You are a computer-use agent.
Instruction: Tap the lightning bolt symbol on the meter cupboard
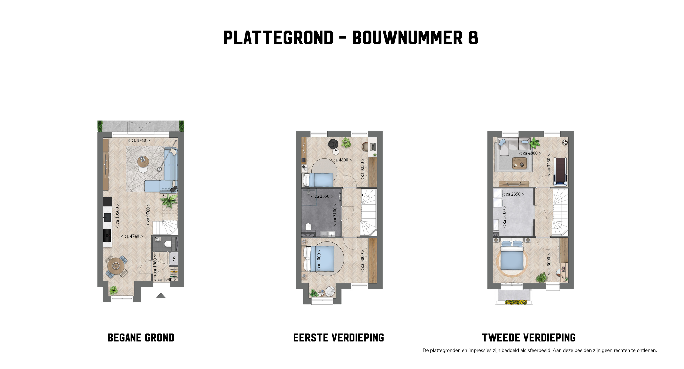[174, 258]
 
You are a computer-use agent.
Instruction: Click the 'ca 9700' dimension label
[148, 215]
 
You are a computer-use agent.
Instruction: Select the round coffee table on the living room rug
[143, 162]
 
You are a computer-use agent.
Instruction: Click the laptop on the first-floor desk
[373, 146]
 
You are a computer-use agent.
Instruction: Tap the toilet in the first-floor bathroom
[308, 227]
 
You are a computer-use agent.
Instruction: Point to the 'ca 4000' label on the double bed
[319, 260]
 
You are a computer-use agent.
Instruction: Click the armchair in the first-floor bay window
[330, 291]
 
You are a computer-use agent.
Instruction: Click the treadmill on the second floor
[560, 171]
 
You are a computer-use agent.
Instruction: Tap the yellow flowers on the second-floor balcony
[516, 302]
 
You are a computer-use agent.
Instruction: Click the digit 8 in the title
[473, 38]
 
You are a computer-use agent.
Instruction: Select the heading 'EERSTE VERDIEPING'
[338, 338]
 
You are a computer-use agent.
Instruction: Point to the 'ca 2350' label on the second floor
[513, 194]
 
